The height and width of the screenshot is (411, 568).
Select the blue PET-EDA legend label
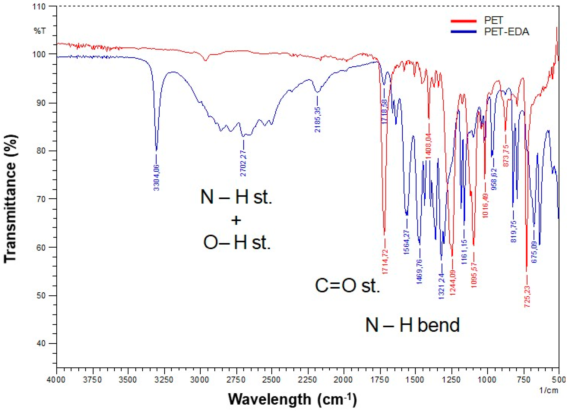point(506,32)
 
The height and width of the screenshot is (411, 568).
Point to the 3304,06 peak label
point(157,178)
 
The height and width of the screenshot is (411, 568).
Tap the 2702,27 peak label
point(243,163)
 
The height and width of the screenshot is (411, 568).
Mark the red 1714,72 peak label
point(385,261)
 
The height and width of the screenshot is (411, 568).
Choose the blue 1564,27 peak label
point(407,242)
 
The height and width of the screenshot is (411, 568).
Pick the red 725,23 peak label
point(527,297)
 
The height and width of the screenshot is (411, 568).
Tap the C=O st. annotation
point(347,285)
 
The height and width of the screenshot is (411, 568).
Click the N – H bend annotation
point(412,325)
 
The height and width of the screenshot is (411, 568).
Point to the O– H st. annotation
point(237,242)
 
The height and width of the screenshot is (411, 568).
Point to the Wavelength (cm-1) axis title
point(292,399)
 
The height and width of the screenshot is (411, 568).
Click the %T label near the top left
point(40,31)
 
